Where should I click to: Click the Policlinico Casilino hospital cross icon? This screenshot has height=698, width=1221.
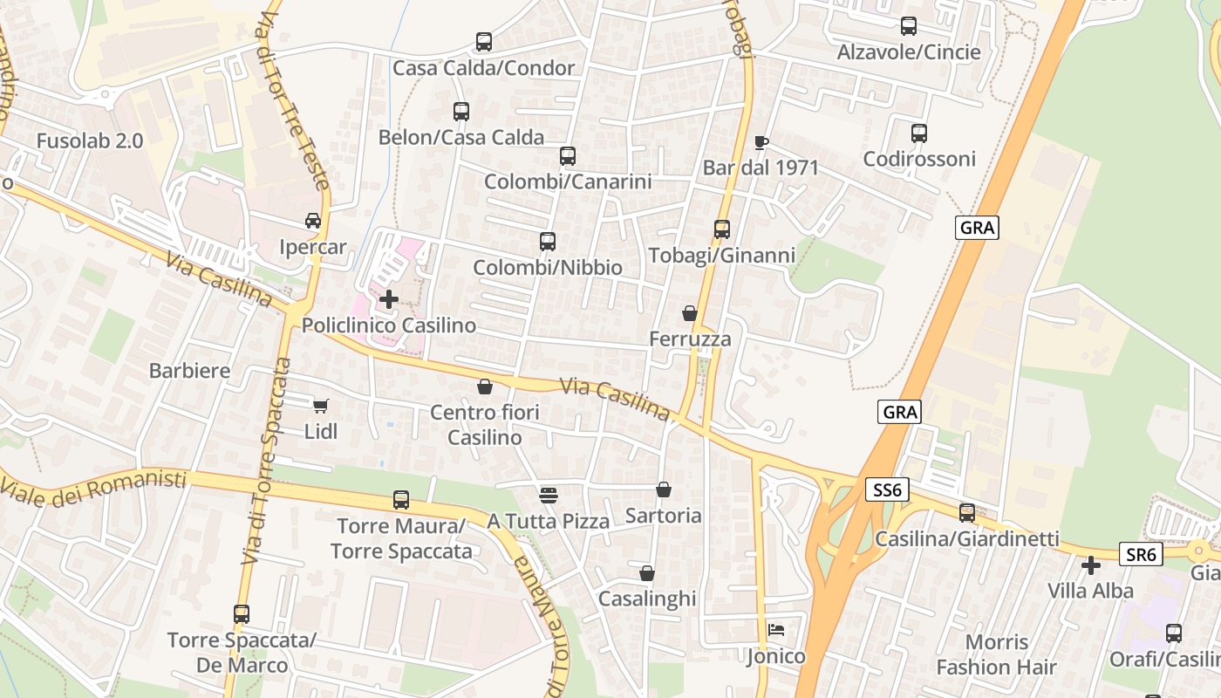pos(389,299)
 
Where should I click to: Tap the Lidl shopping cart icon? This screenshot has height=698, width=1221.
pos(320,406)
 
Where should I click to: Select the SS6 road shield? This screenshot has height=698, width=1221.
pos(887,490)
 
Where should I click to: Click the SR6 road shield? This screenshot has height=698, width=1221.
pos(1141,554)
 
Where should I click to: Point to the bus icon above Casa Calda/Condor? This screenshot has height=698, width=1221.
pos(483,42)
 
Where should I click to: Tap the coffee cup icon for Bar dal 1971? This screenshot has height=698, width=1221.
pos(761,141)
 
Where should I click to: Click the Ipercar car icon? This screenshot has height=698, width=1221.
pos(312,221)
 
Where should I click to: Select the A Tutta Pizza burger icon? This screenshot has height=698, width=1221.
pos(548,496)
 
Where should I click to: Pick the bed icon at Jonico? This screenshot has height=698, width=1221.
pos(775,630)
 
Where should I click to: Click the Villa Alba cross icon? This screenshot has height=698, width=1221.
pos(1090,565)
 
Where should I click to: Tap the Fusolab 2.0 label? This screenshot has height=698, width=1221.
pos(90,140)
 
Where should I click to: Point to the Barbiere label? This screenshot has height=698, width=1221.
pos(190,370)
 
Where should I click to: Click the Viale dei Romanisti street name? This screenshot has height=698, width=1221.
pos(94,488)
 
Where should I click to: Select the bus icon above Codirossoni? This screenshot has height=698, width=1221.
pos(918,133)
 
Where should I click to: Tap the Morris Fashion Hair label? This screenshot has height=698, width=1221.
pos(996,655)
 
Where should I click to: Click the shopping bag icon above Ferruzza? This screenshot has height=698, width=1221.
pos(689,313)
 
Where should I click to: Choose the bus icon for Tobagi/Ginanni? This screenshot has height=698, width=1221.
pos(721,229)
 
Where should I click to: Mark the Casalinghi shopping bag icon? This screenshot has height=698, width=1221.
pos(646,573)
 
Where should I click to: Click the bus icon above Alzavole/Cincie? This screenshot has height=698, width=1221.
pos(908,26)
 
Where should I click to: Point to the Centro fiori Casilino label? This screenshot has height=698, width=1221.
pos(485,424)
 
